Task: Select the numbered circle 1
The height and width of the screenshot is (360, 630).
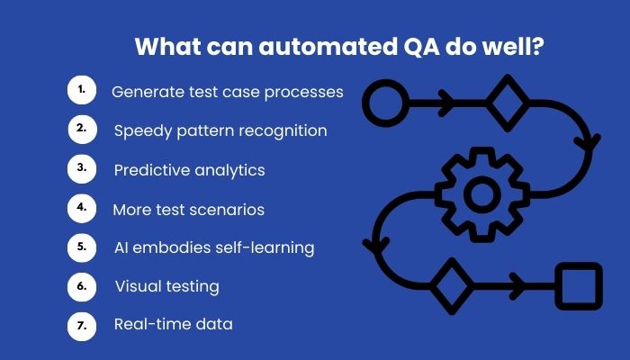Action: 82,90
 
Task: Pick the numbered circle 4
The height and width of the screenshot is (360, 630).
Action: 82,208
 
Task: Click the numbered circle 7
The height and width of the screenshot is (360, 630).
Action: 82,326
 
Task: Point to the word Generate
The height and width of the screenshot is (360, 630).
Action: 148,93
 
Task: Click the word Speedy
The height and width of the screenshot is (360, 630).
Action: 143,131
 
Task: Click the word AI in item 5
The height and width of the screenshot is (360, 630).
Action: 121,247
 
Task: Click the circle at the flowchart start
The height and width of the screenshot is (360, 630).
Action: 385,103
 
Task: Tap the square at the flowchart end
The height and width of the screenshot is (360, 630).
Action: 579,286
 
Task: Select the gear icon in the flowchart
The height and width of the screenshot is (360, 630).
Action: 481,195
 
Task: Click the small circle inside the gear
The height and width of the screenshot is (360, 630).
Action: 481,194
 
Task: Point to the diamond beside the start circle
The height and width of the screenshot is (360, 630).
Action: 508,103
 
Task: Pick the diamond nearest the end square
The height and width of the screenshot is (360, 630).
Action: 452,286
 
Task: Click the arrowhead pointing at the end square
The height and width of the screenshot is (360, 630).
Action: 517,286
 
